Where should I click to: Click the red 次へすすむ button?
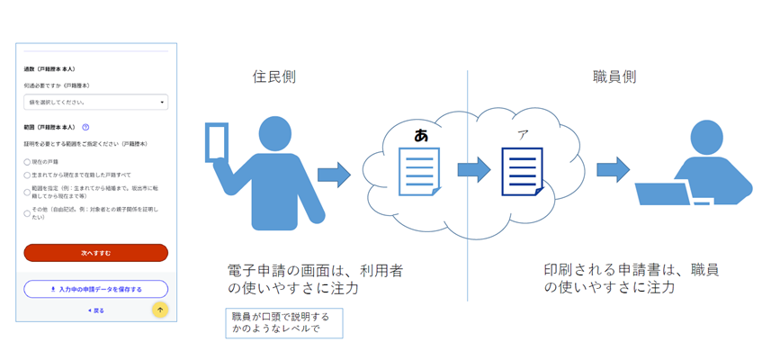(x=95, y=253)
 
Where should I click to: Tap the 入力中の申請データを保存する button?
(x=95, y=289)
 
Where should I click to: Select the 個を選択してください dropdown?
(x=95, y=103)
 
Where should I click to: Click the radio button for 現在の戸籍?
(x=28, y=162)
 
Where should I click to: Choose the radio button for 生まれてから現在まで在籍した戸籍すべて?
(x=28, y=175)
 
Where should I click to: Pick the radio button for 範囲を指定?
(x=28, y=192)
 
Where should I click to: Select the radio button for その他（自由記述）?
(x=28, y=213)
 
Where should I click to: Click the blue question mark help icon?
(x=85, y=128)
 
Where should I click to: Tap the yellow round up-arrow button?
(x=160, y=310)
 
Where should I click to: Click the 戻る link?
(x=95, y=310)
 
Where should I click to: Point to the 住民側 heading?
(x=273, y=77)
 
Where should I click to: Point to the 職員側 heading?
(x=615, y=77)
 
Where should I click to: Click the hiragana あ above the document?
(x=421, y=135)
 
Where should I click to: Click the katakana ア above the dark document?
(x=522, y=135)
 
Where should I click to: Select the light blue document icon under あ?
(x=419, y=171)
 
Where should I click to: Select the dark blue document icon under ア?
(x=522, y=171)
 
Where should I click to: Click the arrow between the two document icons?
(x=472, y=169)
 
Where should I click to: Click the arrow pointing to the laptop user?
(x=613, y=169)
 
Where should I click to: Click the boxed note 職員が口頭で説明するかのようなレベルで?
(x=283, y=323)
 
